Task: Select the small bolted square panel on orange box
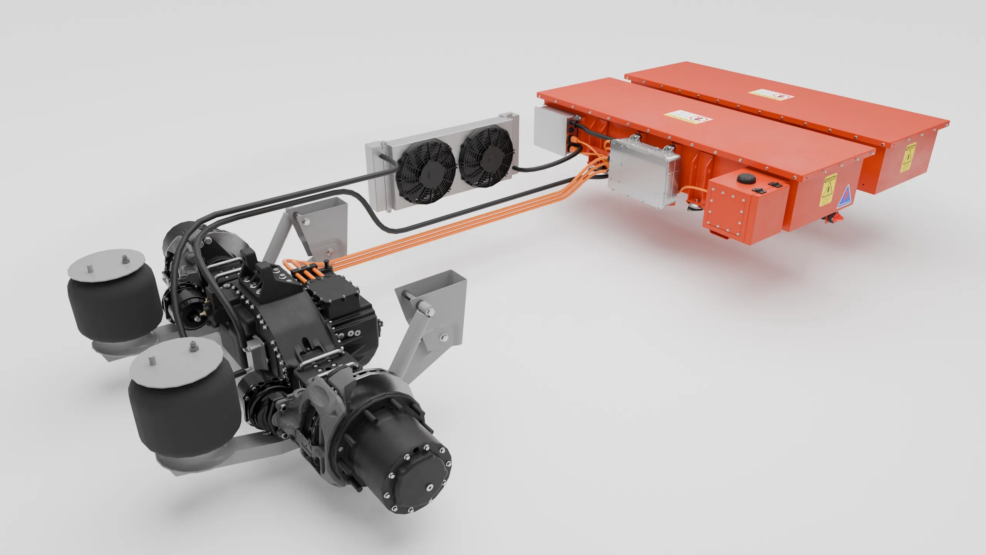point(724,212)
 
